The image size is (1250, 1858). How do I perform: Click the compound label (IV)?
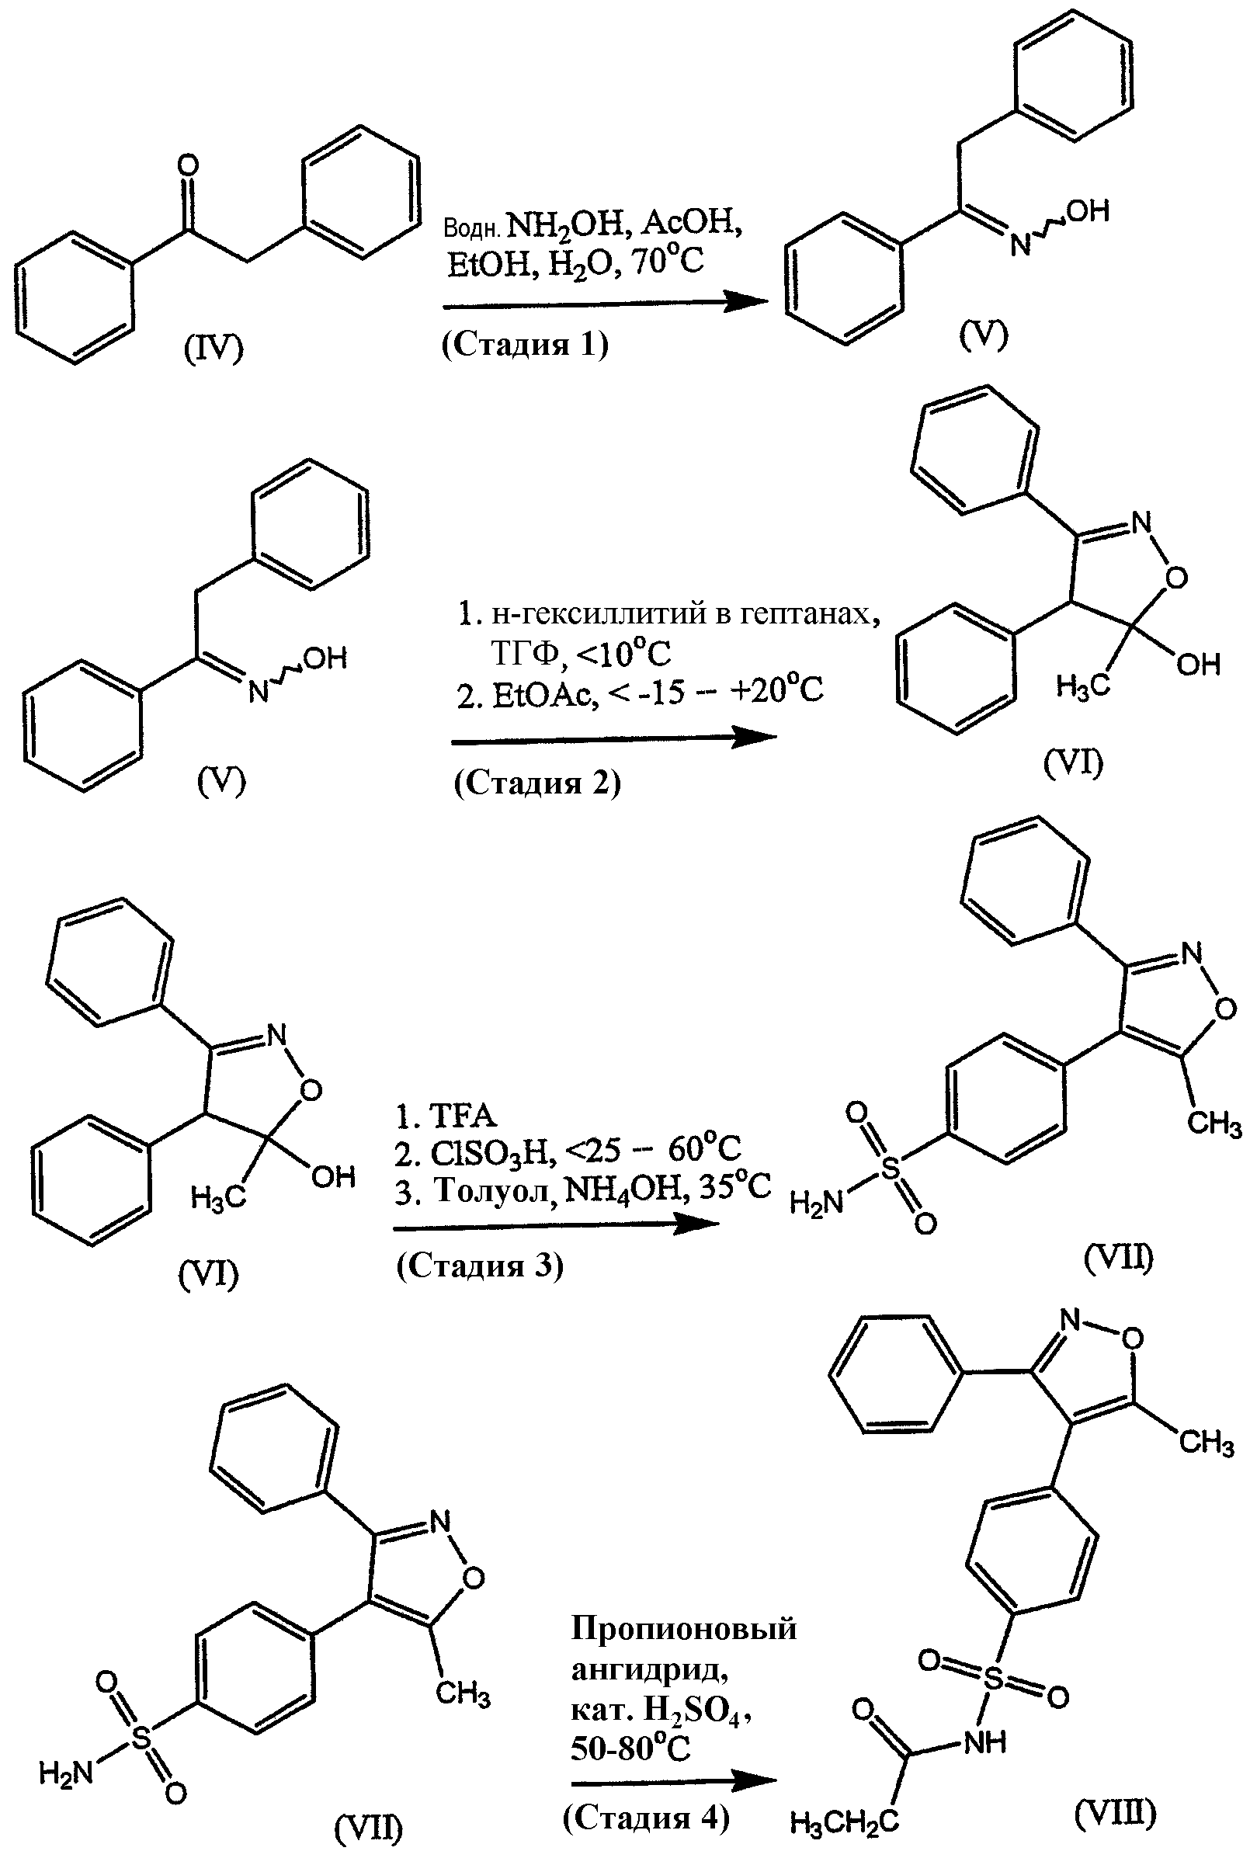click(x=214, y=350)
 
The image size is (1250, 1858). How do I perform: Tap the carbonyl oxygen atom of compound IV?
click(x=188, y=166)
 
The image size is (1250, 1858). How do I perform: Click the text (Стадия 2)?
click(x=537, y=783)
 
